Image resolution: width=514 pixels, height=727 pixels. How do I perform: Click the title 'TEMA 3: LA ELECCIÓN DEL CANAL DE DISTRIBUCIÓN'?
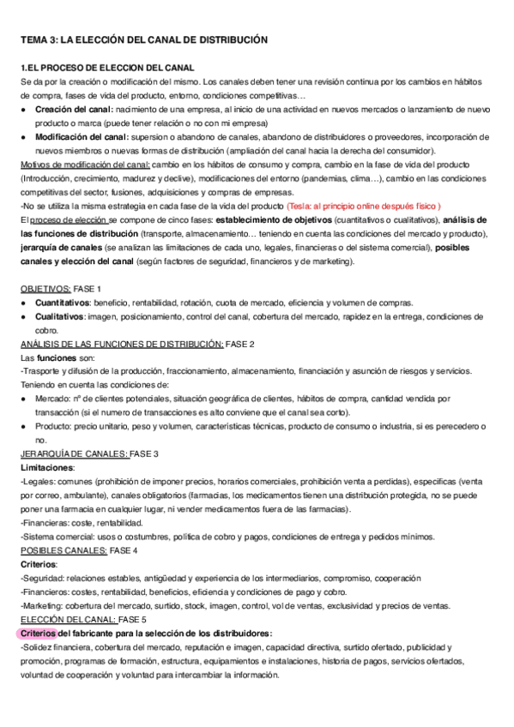click(144, 39)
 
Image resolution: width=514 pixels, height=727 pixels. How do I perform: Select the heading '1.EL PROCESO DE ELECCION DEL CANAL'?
click(108, 67)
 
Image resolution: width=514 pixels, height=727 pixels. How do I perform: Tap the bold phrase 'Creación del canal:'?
click(72, 110)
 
